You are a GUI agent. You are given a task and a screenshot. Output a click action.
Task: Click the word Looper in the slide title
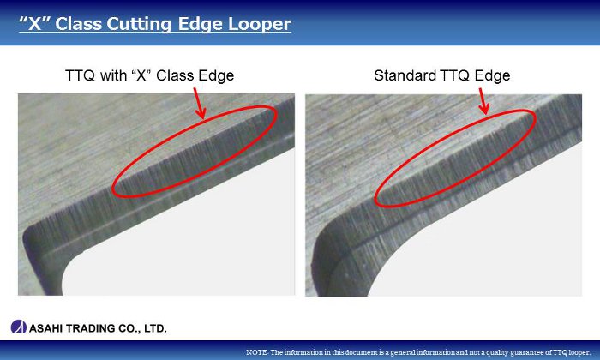coord(260,25)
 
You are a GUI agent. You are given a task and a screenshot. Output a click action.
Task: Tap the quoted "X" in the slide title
coord(35,23)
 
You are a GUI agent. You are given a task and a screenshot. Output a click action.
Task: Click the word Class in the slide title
coord(78,23)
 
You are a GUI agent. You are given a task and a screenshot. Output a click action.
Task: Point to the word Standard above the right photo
coord(405,75)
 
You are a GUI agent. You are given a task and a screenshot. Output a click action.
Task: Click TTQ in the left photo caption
coord(80,75)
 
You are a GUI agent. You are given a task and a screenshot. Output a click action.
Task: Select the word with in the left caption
coord(113,75)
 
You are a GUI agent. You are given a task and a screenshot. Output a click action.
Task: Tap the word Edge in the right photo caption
coord(492,76)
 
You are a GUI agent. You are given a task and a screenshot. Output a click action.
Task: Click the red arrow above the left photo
coord(200,103)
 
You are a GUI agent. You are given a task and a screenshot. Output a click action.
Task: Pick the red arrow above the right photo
coord(484,101)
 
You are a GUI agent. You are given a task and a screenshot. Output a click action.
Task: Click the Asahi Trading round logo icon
coord(18,327)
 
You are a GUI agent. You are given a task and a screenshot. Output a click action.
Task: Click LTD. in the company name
coord(155,328)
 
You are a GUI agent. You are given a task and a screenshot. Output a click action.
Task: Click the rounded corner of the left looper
coord(33,237)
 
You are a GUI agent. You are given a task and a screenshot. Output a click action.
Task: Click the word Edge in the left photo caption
coord(216,76)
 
